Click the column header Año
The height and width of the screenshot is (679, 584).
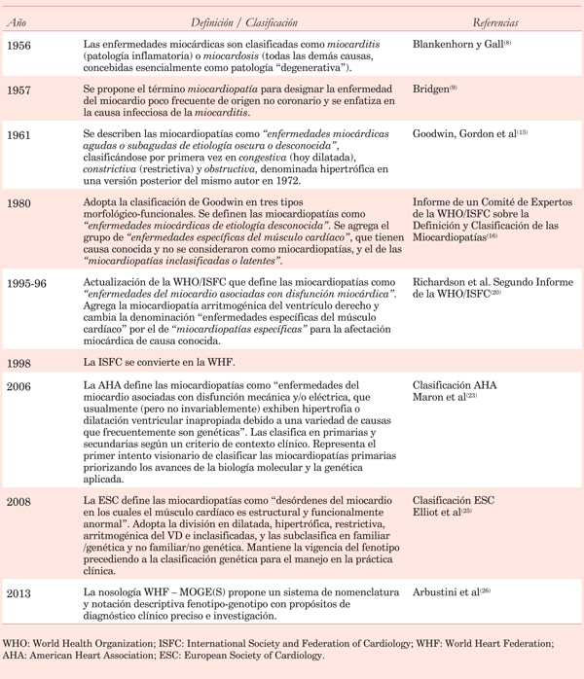click(16, 22)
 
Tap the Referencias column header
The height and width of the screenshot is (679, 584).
click(495, 22)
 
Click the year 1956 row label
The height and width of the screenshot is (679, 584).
click(18, 45)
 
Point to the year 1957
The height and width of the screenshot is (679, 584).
click(18, 89)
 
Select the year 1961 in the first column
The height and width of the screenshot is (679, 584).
click(18, 134)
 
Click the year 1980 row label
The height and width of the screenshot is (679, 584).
click(18, 203)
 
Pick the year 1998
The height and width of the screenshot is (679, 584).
click(18, 363)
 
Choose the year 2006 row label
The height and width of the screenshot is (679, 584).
click(18, 387)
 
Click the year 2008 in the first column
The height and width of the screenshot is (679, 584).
click(18, 502)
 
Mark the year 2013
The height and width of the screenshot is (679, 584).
click(18, 593)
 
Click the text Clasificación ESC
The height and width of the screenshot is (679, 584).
click(454, 501)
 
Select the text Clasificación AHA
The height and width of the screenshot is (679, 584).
click(455, 386)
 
